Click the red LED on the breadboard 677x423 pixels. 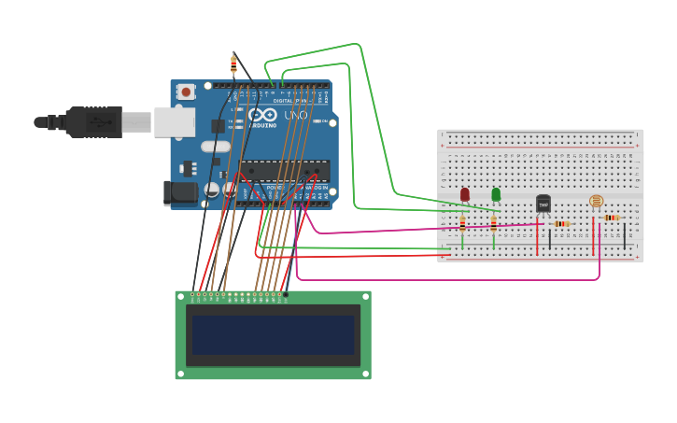click(465, 194)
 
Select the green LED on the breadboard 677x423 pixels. click(496, 194)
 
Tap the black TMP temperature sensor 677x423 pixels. click(543, 204)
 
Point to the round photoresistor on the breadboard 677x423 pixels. click(596, 200)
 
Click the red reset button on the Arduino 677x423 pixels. click(186, 92)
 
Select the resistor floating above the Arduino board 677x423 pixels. click(233, 64)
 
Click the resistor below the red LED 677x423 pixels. click(462, 224)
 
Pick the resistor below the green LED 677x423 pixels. click(494, 224)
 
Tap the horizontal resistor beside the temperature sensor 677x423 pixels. click(561, 224)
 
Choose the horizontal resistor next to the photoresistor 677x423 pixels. click(612, 218)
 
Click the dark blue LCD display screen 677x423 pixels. click(273, 334)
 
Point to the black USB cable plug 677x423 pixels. click(93, 121)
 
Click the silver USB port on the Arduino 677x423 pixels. click(175, 121)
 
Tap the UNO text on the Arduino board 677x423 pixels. click(295, 115)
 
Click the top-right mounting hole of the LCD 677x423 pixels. click(365, 297)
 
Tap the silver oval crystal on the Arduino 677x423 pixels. click(215, 147)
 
